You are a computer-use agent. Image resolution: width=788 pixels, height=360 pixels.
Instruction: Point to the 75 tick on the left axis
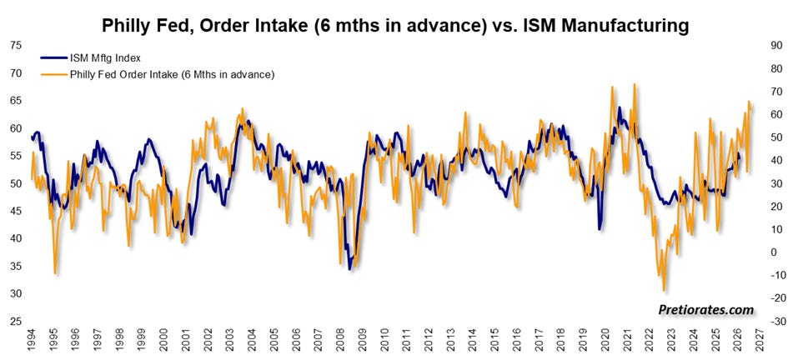[16, 45]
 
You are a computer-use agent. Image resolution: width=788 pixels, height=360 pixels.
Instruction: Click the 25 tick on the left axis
[16, 321]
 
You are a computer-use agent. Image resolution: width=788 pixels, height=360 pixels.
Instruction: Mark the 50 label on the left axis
[16, 183]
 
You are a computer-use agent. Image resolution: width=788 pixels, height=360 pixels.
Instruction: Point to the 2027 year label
[760, 340]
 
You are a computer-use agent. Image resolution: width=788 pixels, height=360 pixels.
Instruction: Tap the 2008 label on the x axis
[341, 340]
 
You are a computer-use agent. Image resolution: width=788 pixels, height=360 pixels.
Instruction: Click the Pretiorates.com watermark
[706, 310]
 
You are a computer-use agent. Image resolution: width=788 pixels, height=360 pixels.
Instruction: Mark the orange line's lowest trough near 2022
[664, 290]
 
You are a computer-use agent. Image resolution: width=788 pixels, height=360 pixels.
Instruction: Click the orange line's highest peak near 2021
[635, 84]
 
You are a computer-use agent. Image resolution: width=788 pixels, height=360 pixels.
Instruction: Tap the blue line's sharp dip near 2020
[599, 229]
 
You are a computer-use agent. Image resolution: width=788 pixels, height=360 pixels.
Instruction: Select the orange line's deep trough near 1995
[55, 273]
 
